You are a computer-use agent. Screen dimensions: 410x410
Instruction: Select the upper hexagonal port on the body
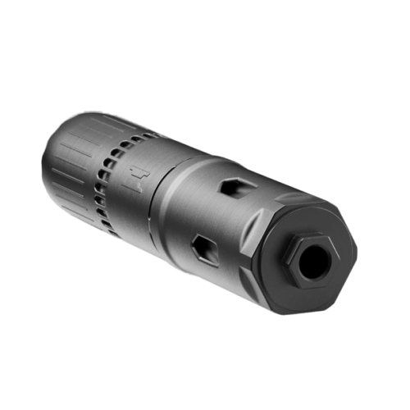tap(231, 188)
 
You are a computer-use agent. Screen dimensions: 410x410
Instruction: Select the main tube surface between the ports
tap(217, 217)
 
